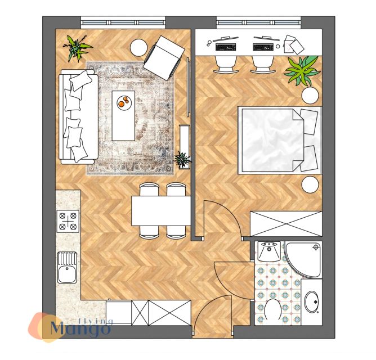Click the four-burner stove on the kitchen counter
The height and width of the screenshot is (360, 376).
click(68, 221)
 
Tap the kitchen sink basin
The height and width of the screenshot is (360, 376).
click(67, 274)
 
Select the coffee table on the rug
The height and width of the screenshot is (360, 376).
click(123, 116)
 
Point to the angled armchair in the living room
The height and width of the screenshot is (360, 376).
click(164, 57)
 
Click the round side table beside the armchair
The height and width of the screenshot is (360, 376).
click(138, 47)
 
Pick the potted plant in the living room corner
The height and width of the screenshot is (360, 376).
click(77, 48)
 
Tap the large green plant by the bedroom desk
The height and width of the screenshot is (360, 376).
click(302, 71)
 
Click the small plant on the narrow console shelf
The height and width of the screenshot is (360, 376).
click(183, 159)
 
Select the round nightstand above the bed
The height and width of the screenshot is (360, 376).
click(310, 96)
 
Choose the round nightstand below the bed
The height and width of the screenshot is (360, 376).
click(310, 184)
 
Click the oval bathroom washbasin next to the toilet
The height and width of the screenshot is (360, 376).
click(312, 301)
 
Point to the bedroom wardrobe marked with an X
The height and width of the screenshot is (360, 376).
click(286, 224)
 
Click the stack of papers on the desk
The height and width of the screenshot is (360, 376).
click(293, 44)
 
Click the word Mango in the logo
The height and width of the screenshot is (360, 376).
click(80, 328)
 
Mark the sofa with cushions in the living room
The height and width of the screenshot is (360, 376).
click(79, 117)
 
